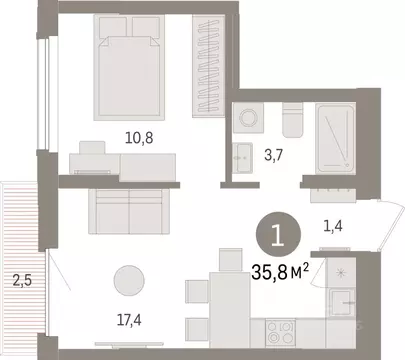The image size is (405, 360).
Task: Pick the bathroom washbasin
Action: (x=243, y=156)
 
